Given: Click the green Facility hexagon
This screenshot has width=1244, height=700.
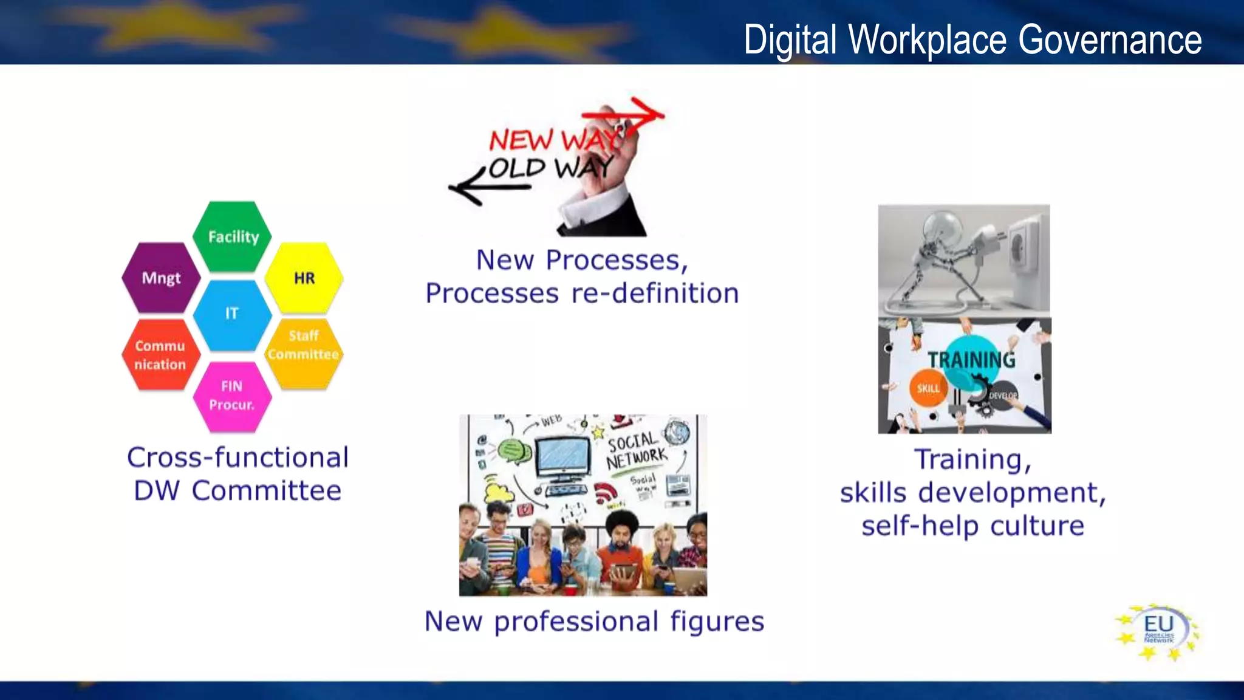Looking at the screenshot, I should tap(233, 236).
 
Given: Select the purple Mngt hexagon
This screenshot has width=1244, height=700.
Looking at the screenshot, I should tap(161, 278).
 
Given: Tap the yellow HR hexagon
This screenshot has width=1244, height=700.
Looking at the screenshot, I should tap(304, 278).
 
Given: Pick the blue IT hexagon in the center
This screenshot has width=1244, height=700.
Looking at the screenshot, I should tap(232, 314).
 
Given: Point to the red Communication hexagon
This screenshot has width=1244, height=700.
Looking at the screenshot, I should tap(160, 355).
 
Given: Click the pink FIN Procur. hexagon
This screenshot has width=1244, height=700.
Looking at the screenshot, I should tap(232, 396).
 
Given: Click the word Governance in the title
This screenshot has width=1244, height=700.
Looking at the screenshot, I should tap(1109, 40).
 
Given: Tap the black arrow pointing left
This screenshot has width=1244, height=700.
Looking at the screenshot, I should tap(480, 188).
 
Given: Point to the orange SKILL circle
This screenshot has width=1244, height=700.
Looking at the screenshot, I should tap(928, 388).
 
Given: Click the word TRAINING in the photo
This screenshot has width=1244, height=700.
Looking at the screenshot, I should tap(971, 360).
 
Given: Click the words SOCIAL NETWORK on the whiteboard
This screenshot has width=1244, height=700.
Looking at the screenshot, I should tap(635, 450).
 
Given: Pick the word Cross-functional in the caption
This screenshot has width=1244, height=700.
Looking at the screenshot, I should tap(238, 458).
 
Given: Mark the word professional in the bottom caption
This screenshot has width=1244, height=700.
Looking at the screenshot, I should tap(576, 622).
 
